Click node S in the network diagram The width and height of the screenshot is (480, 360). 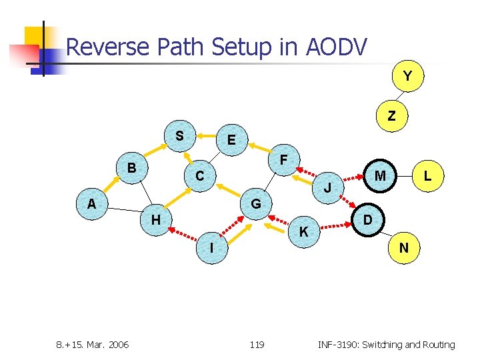pos(179,135)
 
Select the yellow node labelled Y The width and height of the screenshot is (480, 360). pos(407,76)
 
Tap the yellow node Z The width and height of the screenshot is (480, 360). pos(391,115)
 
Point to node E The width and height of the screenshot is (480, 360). pos(231,140)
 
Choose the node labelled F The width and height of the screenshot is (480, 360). pos(284,160)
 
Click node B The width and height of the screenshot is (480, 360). pos(132,167)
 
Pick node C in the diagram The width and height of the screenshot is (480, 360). pos(199,177)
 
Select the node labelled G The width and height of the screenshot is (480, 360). pos(256,203)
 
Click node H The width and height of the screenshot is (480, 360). pos(155,219)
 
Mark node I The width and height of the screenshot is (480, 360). pos(211,248)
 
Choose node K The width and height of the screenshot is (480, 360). pos(303,232)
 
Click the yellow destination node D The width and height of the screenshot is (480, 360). pos(367,219)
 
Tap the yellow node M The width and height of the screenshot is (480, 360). pos(380,176)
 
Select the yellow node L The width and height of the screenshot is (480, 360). pos(427,176)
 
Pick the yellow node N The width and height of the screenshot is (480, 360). pos(404,248)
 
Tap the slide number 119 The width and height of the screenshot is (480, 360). pos(257,345)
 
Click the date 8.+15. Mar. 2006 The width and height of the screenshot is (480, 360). pos(92,345)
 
